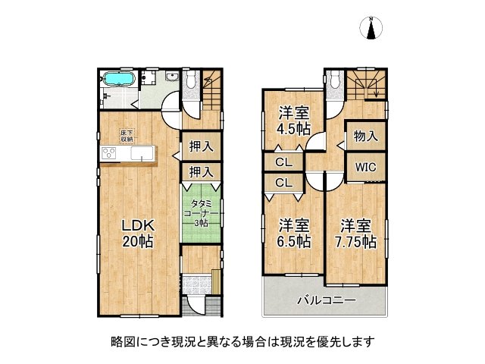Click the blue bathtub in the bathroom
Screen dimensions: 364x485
118,79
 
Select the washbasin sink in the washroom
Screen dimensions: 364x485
171,77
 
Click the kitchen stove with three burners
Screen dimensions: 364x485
109,154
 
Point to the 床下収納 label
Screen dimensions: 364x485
126,136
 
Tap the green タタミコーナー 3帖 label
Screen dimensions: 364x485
202,213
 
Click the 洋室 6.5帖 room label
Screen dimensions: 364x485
293,233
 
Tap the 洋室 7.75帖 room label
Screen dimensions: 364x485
356,234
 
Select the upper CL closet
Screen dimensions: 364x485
284,162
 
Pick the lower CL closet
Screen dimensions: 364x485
284,182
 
